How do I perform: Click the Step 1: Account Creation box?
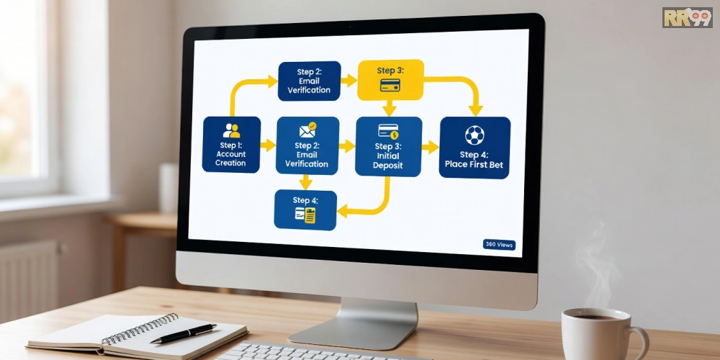(x=231, y=145)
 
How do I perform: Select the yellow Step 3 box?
(x=390, y=80)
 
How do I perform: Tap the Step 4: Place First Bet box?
(x=474, y=148)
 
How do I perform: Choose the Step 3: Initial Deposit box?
(x=389, y=146)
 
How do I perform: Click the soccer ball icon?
(x=474, y=135)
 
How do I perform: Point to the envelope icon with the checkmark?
(x=307, y=130)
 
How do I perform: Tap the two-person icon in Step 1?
(x=231, y=130)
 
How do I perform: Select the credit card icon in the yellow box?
(x=390, y=85)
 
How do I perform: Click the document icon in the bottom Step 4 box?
(x=305, y=215)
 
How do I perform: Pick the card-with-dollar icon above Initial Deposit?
(x=389, y=131)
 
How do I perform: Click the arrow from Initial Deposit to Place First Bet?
(x=431, y=147)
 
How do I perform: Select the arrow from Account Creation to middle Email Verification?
(x=268, y=145)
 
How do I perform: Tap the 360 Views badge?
(x=499, y=245)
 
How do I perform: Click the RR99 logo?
(x=688, y=17)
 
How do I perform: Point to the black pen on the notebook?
(x=183, y=333)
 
